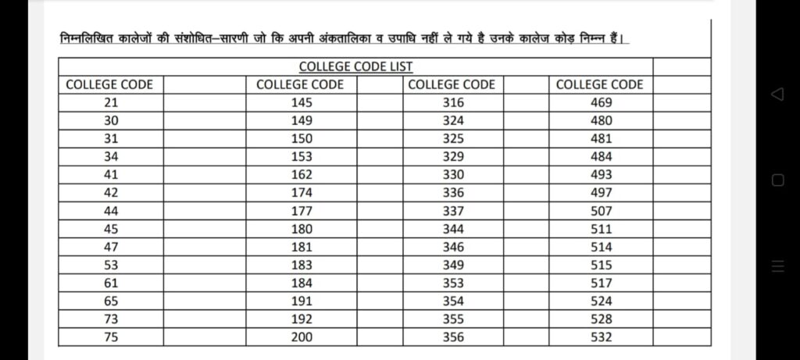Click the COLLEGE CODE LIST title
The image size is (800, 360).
point(355,67)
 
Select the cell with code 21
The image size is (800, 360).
point(110,103)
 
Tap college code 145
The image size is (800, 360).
point(301,103)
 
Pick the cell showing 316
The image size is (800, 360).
point(452,103)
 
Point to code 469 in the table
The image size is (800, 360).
point(601,103)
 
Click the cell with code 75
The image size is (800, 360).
point(110,337)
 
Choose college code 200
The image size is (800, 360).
point(301,337)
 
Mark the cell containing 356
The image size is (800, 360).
point(452,337)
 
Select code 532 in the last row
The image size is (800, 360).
point(601,337)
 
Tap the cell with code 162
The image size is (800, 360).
point(301,175)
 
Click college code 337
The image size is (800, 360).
point(452,211)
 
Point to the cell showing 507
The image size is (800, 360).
point(601,211)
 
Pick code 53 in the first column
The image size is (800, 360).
point(110,266)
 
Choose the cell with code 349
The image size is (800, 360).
point(452,266)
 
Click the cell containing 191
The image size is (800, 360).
point(301,301)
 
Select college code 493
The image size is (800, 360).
point(601,175)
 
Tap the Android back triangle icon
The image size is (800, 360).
point(777,94)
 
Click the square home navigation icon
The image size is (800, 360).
point(777,180)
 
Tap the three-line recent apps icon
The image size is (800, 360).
point(777,266)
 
